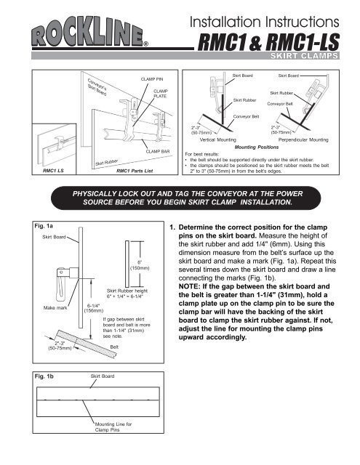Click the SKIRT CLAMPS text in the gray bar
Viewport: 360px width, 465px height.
(304, 56)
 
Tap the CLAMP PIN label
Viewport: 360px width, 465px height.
(152, 79)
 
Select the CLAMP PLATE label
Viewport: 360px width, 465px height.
(161, 94)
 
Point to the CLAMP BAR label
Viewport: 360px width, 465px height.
(158, 151)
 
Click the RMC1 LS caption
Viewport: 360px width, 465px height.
(53, 171)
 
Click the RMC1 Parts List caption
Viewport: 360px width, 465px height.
(135, 171)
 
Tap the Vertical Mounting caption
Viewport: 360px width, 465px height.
(218, 139)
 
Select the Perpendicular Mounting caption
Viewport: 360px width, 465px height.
(303, 139)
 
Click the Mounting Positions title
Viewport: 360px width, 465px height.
(257, 147)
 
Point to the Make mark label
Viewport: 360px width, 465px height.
(55, 308)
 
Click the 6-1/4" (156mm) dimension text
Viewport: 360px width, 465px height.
(94, 308)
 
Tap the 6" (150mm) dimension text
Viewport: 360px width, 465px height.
(140, 265)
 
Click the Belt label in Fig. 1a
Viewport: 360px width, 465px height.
(114, 347)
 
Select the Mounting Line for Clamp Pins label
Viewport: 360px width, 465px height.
(113, 426)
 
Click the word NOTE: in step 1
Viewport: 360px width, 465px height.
(189, 286)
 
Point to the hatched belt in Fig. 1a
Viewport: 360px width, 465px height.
(86, 344)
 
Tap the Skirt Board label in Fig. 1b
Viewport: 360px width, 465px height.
(103, 376)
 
